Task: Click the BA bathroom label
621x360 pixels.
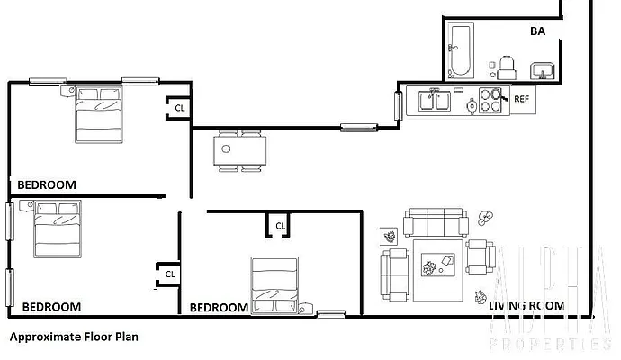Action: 537,31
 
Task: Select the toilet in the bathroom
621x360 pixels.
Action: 507,66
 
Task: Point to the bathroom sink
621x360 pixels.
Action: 543,69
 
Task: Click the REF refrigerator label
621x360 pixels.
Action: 521,100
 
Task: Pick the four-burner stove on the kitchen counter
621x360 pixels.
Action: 491,100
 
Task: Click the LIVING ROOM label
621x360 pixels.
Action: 526,306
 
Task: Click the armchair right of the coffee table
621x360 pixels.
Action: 481,256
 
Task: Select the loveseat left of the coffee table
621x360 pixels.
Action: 394,274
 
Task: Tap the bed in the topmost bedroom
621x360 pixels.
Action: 99,114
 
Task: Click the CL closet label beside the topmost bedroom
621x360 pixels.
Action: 180,108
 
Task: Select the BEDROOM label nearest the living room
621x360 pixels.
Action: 219,307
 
